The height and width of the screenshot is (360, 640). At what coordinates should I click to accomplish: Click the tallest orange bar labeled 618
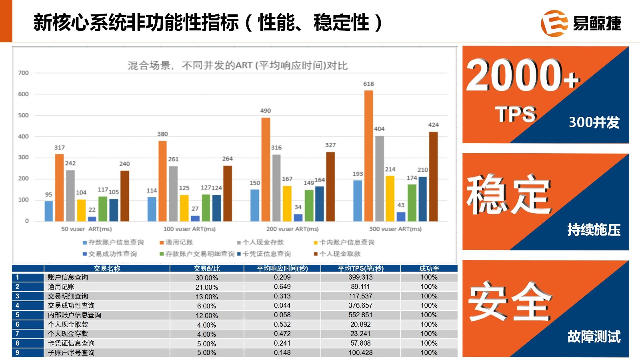(x=368, y=156)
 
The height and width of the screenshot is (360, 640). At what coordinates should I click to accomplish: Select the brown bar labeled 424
(x=433, y=176)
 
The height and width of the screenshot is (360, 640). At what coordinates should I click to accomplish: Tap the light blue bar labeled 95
(x=49, y=211)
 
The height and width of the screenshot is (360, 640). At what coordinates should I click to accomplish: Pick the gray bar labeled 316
(x=276, y=188)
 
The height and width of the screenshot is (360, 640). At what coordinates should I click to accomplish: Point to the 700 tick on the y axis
(x=23, y=73)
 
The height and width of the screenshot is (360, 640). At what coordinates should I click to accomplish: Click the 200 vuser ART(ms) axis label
(x=292, y=229)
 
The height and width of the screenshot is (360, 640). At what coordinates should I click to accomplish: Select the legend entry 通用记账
(x=176, y=242)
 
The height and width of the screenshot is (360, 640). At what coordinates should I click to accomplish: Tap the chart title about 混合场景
(x=238, y=65)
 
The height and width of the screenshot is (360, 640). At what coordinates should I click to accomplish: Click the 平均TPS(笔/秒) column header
(x=360, y=268)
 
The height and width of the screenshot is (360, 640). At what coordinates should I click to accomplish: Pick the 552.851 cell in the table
(x=360, y=315)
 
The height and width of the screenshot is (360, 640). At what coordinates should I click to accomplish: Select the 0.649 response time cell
(x=282, y=286)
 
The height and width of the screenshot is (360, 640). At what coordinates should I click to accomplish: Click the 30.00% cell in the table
(x=207, y=278)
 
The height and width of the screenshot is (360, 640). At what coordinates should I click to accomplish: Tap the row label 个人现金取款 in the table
(x=68, y=324)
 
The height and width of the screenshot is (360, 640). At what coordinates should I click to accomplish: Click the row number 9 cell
(x=18, y=352)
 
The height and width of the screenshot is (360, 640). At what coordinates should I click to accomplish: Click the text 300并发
(x=594, y=122)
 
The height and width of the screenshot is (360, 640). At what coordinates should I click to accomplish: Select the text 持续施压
(x=594, y=230)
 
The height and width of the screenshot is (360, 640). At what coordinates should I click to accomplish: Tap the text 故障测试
(x=594, y=336)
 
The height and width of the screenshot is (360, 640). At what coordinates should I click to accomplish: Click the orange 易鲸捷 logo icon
(x=554, y=23)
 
